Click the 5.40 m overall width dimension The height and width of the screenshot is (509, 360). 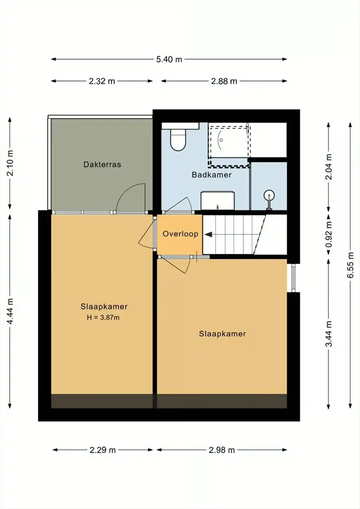169,59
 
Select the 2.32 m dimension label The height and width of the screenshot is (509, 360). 102,81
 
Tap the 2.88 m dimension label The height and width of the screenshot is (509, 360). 224,81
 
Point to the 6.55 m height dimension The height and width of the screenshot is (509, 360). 351,265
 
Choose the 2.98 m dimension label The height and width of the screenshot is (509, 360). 222,450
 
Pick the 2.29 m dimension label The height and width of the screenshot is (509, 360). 102,450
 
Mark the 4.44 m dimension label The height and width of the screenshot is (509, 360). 10,311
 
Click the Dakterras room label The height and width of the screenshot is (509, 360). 102,164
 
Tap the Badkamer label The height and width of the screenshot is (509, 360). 212,175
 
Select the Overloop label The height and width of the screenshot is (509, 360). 181,234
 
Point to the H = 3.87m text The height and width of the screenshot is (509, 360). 103,318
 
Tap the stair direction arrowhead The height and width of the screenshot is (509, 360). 208,235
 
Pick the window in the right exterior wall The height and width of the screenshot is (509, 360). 294,278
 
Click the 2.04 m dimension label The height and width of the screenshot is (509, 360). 329,167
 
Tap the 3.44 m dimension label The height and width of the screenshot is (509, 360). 329,334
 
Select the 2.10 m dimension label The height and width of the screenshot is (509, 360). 10,163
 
